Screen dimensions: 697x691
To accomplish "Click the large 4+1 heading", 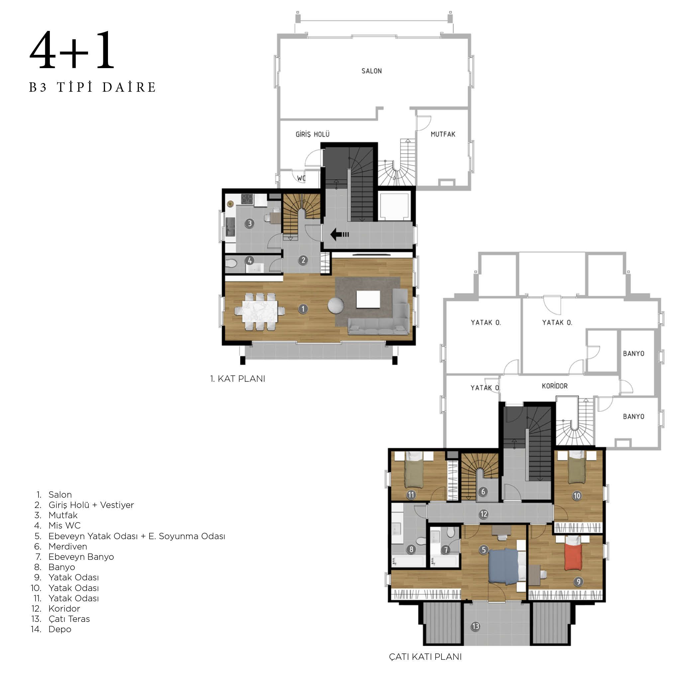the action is [x=72, y=50].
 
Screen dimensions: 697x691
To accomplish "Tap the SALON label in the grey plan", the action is [x=371, y=71].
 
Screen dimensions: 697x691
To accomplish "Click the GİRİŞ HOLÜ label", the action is [x=312, y=134].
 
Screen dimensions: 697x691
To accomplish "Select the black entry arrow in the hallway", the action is [x=340, y=234].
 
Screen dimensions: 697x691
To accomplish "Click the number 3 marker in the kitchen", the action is [x=249, y=223].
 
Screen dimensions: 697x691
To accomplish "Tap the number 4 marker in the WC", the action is [x=249, y=260].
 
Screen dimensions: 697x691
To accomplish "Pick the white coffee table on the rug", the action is [x=368, y=299].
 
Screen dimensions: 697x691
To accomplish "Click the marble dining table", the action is [x=260, y=311].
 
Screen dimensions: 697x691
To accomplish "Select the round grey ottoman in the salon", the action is [x=336, y=305].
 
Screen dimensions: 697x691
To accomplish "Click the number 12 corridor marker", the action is [x=484, y=514].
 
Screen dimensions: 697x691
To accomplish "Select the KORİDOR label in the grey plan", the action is [x=554, y=386].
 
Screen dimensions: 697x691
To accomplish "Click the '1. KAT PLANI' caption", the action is [x=238, y=378].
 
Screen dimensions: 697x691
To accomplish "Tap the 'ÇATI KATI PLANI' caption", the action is [x=425, y=656].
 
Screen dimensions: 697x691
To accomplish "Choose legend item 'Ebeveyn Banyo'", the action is [x=81, y=556].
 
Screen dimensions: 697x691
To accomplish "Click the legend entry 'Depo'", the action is [x=60, y=629].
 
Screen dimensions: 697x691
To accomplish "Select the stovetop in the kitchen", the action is [x=247, y=199].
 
